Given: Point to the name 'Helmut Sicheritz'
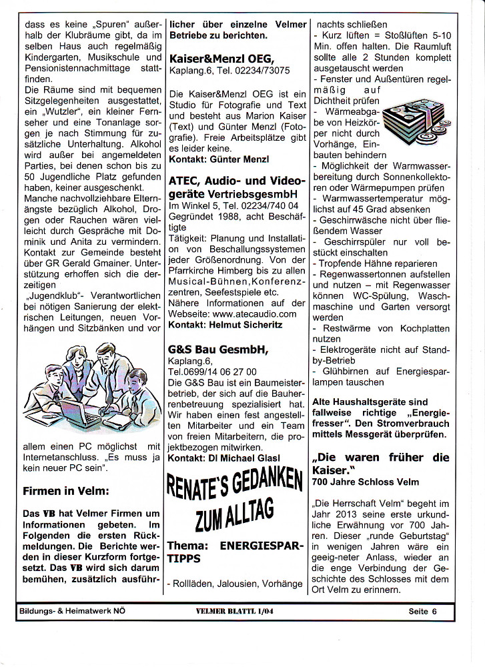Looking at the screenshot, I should [x=246, y=324].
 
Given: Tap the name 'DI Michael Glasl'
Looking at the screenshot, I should [x=248, y=457].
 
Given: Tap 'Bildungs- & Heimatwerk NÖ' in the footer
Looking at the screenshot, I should [x=72, y=610].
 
